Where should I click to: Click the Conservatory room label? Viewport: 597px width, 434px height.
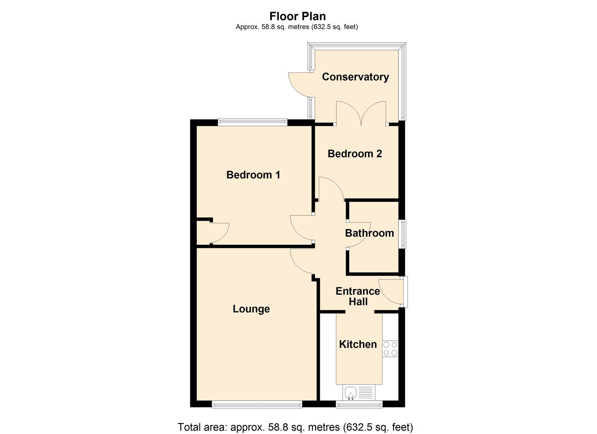355,77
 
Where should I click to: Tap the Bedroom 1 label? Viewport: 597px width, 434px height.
253,175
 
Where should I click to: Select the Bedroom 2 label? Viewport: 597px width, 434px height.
355,154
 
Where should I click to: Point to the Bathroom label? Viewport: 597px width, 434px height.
369,233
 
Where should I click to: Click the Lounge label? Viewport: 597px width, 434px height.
251,309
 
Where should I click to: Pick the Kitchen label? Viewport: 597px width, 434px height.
358,344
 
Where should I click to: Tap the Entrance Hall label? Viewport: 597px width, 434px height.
358,296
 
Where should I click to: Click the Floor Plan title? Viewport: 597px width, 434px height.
297,16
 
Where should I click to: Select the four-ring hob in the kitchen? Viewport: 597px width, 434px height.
390,349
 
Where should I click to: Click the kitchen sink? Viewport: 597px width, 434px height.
351,392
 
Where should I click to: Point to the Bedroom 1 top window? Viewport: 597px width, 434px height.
252,122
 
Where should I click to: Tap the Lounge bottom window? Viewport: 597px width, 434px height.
257,405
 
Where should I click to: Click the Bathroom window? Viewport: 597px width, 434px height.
402,233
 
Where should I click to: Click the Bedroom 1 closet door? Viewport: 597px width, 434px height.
219,233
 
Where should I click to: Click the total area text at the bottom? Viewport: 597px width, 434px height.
295,427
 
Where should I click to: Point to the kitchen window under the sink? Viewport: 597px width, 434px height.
359,405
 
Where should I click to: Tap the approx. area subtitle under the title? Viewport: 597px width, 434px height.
297,27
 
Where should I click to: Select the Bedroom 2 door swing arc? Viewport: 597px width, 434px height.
330,188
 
